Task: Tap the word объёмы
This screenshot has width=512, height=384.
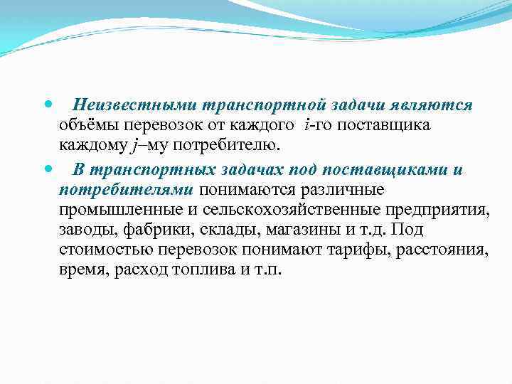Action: pos(90,126)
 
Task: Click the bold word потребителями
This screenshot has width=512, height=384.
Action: pos(127,190)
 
